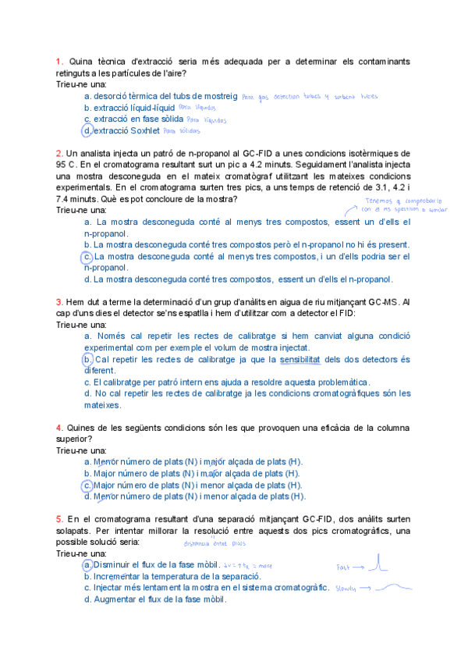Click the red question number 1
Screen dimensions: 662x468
(x=58, y=61)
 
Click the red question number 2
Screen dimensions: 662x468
(x=58, y=154)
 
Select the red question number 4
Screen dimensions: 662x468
(x=58, y=428)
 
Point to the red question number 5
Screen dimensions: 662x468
(x=58, y=519)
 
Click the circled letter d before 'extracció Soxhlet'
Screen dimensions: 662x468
(x=87, y=131)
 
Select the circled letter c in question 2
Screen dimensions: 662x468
(x=87, y=256)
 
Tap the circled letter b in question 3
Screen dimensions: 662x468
(x=87, y=360)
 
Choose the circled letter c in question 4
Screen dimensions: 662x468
(x=87, y=485)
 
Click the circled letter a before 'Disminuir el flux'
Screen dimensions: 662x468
(x=87, y=564)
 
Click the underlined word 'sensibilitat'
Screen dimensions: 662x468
(x=302, y=360)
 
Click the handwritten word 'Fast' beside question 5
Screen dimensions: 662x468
(x=344, y=567)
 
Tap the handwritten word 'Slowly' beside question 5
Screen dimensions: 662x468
(x=347, y=589)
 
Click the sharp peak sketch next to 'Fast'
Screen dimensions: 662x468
(x=378, y=562)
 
